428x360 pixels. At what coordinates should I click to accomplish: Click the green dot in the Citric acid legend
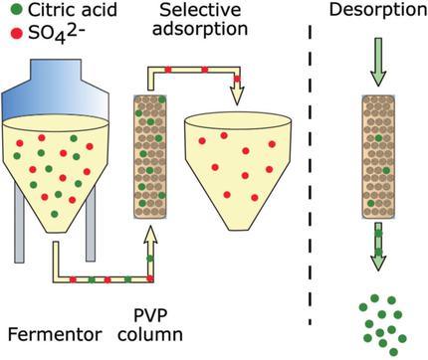(x=10, y=14)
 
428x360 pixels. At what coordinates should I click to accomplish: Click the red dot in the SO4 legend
(x=10, y=37)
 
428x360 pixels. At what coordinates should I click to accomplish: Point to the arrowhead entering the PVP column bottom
(x=150, y=236)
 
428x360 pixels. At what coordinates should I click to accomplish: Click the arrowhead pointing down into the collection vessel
(x=236, y=95)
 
